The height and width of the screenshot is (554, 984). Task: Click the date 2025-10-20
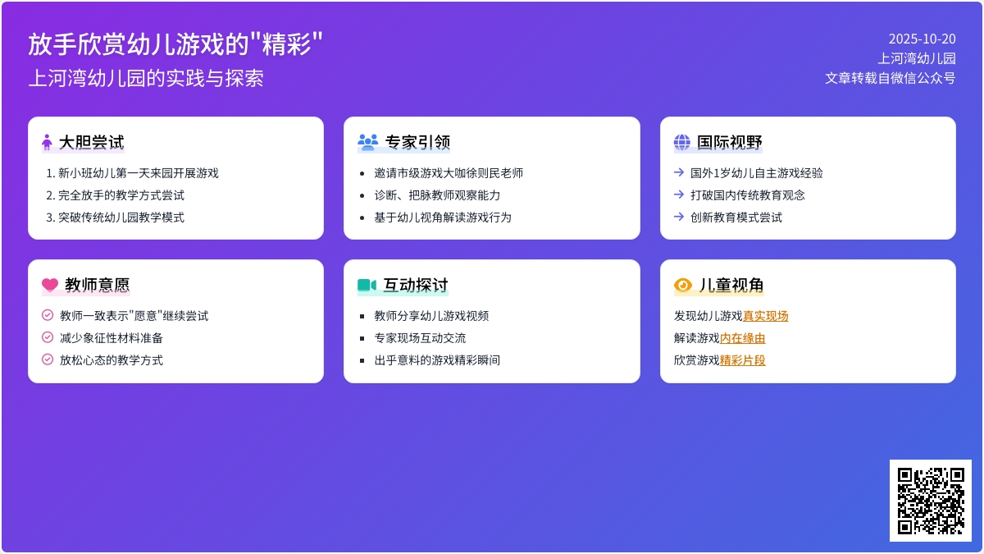[x=922, y=39]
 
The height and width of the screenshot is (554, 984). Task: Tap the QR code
[x=931, y=501]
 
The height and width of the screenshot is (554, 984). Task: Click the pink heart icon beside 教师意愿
[x=50, y=285]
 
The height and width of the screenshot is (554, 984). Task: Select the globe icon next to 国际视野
[x=681, y=142]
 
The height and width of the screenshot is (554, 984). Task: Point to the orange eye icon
[x=682, y=285]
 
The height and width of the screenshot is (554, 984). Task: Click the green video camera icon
[x=367, y=285]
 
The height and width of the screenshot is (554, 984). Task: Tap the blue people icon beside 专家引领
[x=367, y=142]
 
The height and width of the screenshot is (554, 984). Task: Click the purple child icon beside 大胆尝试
[x=47, y=142]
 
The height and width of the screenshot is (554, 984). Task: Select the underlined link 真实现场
[x=766, y=316]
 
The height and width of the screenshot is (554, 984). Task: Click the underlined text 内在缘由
[x=742, y=338]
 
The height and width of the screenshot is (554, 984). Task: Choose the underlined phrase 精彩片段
[x=742, y=360]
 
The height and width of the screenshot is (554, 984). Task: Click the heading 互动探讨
[x=416, y=285]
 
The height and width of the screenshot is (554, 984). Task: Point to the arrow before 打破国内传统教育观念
[x=679, y=195]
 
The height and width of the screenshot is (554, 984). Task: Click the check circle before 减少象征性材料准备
[x=48, y=337]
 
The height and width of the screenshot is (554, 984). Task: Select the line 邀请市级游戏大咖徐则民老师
[x=449, y=173]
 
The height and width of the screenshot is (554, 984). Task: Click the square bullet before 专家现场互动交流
[x=362, y=338]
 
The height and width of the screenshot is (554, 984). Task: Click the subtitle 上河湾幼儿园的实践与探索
[x=146, y=78]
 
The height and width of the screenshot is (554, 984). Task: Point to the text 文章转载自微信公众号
[x=890, y=78]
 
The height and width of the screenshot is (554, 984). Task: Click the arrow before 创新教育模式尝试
[x=679, y=217]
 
